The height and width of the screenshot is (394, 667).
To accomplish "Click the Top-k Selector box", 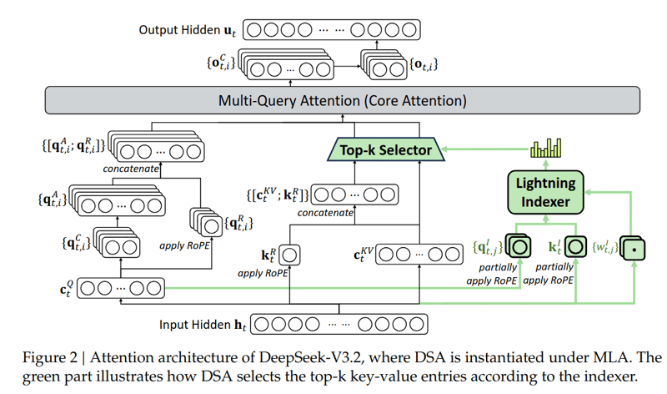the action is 386,149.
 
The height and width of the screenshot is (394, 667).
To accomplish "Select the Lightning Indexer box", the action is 545,192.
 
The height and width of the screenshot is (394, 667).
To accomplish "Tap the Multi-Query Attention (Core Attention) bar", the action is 343,100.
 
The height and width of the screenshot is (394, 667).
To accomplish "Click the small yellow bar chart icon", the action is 546,148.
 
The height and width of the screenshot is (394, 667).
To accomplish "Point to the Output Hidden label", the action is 187,30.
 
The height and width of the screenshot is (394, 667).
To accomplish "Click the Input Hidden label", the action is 203,325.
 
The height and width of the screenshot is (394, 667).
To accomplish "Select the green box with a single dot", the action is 633,248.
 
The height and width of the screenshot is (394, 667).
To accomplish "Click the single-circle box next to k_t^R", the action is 289,255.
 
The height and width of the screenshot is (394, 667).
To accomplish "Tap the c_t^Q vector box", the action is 121,288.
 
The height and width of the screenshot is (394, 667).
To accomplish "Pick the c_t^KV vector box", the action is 419,255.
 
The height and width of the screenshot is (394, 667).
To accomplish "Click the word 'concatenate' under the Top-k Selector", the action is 325,213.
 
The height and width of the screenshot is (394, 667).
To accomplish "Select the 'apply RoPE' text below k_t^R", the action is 263,274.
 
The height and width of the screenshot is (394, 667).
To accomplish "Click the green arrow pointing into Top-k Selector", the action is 486,149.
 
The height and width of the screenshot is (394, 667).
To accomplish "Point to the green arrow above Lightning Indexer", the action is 546,164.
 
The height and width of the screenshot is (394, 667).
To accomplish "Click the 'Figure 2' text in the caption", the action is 50,357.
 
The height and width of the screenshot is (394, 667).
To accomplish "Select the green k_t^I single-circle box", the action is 575,246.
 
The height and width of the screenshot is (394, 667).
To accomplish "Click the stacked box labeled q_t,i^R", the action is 206,221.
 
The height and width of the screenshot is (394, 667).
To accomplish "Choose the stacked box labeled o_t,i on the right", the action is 384,65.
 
